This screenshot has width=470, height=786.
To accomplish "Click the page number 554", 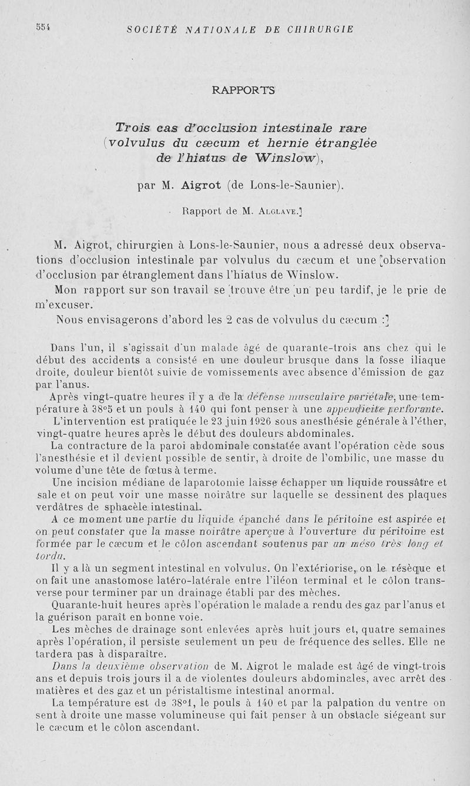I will tap(42, 27).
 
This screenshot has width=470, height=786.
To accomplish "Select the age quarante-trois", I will tap(282, 346).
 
